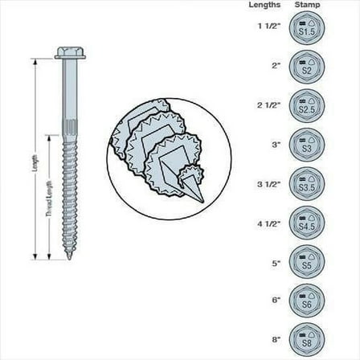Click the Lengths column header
(x=266, y=6)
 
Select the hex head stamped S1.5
(x=306, y=27)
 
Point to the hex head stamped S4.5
(x=306, y=223)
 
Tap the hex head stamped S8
(x=306, y=337)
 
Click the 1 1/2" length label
(x=268, y=27)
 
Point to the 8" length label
(x=276, y=337)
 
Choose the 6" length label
(x=276, y=300)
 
